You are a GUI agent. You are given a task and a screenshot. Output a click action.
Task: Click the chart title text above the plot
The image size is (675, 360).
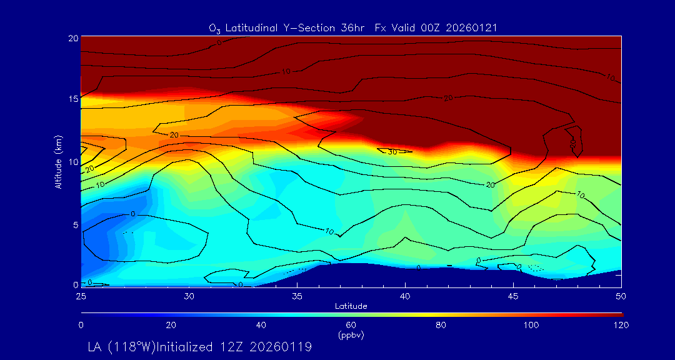pos(353,27)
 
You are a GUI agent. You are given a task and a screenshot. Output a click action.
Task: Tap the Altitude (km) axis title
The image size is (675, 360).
pos(58,161)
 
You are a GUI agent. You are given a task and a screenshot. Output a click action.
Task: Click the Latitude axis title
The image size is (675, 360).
pos(350,306)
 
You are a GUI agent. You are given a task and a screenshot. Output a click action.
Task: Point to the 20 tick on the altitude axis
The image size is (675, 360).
pos(72,38)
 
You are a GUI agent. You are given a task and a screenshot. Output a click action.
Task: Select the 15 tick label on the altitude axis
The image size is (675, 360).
pos(72,99)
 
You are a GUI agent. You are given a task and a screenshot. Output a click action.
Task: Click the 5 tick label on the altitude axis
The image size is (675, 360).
pos(75,224)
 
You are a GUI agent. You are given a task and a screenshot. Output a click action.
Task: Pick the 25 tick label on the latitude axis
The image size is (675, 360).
pos(81,295)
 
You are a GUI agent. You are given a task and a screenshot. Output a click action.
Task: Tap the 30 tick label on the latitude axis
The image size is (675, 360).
pos(189,295)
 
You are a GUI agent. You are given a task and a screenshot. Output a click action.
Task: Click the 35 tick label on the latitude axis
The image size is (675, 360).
pos(297,295)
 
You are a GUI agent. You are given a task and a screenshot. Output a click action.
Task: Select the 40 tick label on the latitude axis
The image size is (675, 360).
pos(405,295)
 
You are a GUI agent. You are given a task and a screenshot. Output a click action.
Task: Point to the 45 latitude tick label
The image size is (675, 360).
pos(513,295)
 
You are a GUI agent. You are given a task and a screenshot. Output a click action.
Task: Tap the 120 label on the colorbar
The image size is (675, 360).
pos(621,325)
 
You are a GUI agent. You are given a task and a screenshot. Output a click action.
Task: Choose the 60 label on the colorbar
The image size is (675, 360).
pos(351,325)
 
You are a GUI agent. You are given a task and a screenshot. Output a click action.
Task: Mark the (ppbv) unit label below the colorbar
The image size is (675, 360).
pos(351,335)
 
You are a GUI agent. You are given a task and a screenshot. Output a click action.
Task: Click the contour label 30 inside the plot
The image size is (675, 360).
pos(392,152)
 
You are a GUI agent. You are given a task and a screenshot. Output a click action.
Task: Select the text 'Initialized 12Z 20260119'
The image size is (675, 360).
pos(246,346)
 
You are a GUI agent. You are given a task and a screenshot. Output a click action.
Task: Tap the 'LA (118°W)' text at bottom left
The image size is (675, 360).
pos(132,346)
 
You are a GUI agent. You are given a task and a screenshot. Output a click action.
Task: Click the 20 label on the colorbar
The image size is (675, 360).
pos(171,325)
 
